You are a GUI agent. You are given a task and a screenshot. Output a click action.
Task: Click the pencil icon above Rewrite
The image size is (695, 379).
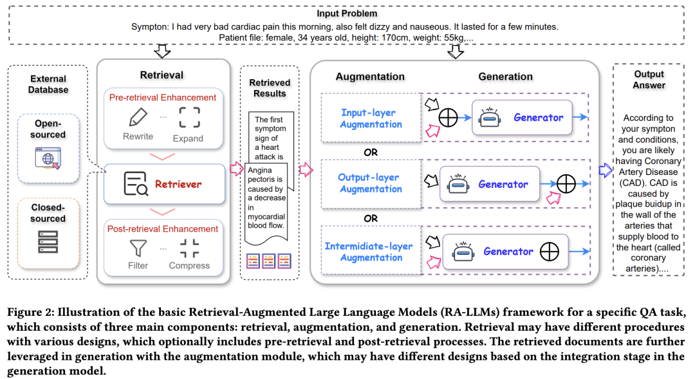click(x=138, y=118)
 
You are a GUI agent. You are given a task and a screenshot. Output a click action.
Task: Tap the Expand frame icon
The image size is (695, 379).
click(x=189, y=118)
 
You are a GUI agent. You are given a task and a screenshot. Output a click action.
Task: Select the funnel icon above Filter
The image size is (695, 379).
click(x=138, y=247)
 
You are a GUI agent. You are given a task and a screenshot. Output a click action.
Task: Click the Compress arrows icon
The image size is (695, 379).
click(x=189, y=247)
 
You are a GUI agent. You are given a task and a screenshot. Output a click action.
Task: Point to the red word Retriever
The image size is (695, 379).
click(x=178, y=184)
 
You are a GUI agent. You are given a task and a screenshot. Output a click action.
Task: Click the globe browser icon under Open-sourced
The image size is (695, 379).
click(x=48, y=157)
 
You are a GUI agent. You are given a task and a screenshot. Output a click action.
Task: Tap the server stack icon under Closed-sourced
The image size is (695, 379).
click(x=48, y=241)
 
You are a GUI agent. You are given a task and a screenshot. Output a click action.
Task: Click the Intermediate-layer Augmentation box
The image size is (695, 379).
click(x=368, y=252)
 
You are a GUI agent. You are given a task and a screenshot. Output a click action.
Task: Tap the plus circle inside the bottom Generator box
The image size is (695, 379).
click(x=549, y=252)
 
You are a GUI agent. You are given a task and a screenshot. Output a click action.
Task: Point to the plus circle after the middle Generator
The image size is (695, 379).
click(x=566, y=185)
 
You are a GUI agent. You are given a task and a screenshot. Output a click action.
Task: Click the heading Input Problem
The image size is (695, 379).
click(x=347, y=14)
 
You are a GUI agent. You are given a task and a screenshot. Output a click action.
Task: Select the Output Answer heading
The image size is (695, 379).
click(x=648, y=80)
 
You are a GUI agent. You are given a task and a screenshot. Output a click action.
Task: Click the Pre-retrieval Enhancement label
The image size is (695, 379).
click(x=162, y=97)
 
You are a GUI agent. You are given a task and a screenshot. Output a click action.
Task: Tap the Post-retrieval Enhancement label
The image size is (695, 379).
click(x=163, y=228)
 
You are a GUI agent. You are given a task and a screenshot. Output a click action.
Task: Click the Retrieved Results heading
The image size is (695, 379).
click(x=270, y=88)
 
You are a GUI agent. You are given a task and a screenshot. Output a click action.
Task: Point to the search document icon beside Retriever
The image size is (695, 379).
click(x=136, y=184)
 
